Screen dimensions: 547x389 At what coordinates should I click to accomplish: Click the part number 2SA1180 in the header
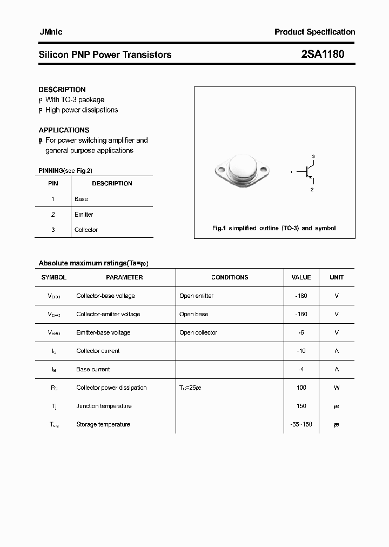tap(323, 54)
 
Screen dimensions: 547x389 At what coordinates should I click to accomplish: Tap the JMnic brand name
tap(50, 32)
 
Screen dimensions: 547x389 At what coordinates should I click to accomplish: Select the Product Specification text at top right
tap(314, 32)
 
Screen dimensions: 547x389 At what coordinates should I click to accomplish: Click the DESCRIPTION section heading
tap(62, 89)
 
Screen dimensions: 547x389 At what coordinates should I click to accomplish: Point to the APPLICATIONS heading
tap(64, 130)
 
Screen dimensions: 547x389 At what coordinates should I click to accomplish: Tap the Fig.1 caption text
tap(274, 228)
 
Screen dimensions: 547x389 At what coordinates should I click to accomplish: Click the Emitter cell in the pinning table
tap(84, 215)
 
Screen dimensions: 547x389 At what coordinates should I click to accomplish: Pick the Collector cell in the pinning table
tap(86, 230)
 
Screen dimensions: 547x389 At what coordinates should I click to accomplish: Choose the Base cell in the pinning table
tap(81, 199)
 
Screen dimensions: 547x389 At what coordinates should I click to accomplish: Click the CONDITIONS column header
tap(230, 277)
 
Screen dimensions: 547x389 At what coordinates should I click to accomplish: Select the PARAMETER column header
tap(124, 277)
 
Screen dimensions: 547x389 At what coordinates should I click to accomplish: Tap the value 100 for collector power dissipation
tap(301, 388)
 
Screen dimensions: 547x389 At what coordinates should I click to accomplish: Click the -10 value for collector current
tap(301, 351)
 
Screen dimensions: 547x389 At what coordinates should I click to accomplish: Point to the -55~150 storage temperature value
tap(301, 424)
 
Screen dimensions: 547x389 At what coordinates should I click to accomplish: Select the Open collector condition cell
tap(198, 332)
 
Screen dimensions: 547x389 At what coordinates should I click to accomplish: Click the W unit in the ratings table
tap(337, 388)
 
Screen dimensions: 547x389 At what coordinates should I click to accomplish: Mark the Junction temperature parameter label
tap(104, 406)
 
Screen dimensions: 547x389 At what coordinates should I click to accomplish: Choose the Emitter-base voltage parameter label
tap(103, 332)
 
